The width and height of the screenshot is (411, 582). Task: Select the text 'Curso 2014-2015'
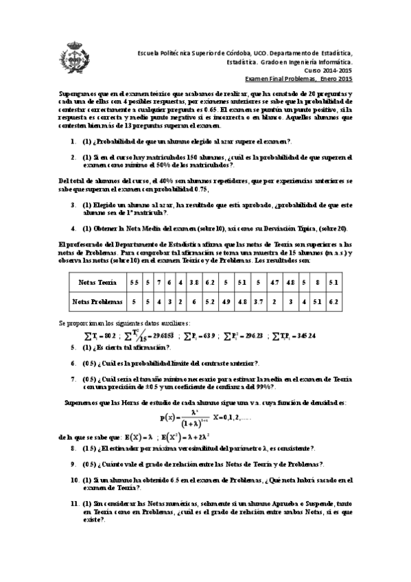point(328,71)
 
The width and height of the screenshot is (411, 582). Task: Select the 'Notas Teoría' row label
point(97,282)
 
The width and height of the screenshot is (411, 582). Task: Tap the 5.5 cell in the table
point(134,282)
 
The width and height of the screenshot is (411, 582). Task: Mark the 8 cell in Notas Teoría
point(317,282)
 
